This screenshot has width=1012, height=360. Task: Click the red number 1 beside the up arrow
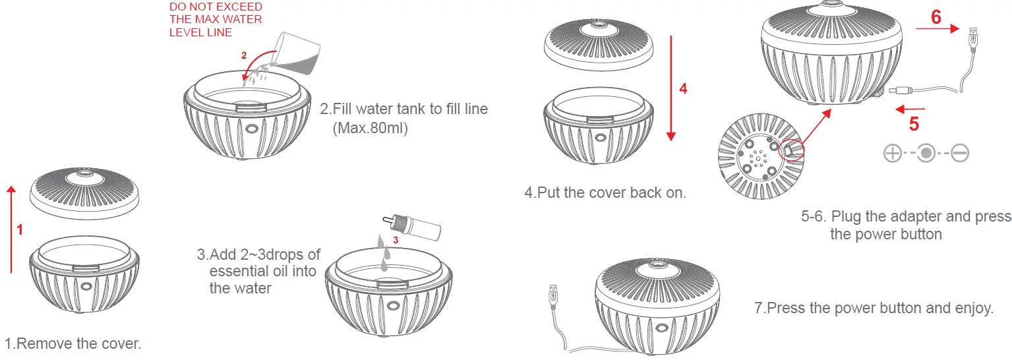click(x=20, y=229)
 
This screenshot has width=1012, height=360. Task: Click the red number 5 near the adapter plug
click(x=914, y=123)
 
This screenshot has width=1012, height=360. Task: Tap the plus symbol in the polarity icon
click(x=892, y=154)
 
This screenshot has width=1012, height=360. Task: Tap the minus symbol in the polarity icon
click(x=960, y=154)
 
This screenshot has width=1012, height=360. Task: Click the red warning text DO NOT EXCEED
click(x=216, y=7)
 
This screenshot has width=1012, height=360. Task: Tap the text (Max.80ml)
click(x=371, y=128)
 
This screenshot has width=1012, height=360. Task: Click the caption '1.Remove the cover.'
click(x=73, y=344)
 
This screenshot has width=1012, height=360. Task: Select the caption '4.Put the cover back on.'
click(x=605, y=193)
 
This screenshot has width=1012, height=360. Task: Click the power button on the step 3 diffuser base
click(x=394, y=306)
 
